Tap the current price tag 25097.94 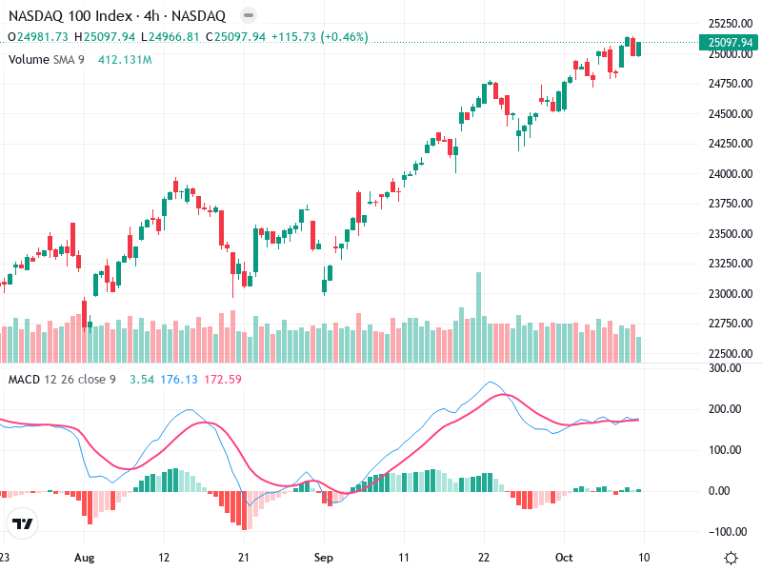731,42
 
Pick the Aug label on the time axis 85,556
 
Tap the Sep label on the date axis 325,556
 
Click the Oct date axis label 564,556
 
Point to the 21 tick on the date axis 244,556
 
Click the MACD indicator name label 24,381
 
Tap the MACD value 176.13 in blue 178,381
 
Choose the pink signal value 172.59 223,381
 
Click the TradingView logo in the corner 23,524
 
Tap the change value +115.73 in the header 295,37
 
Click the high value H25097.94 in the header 110,37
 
